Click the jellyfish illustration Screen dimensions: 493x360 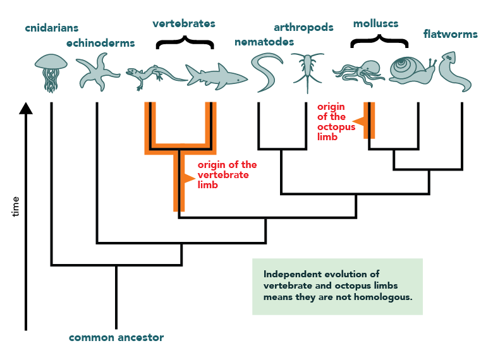click(51, 73)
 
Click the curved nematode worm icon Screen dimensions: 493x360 click(265, 71)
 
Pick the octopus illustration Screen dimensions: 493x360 click(359, 73)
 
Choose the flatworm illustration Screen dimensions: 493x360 click(452, 71)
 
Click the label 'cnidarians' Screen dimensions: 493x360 click(52, 28)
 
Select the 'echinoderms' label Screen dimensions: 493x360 click(100, 43)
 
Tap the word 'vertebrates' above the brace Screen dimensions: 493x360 click(184, 23)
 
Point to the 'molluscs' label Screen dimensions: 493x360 click(375, 23)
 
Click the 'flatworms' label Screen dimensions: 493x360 click(450, 33)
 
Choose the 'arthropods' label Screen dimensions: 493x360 click(303, 27)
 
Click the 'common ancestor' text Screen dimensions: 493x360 click(116, 338)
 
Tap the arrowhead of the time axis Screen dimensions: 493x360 click(26, 109)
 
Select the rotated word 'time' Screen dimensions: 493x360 click(15, 207)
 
